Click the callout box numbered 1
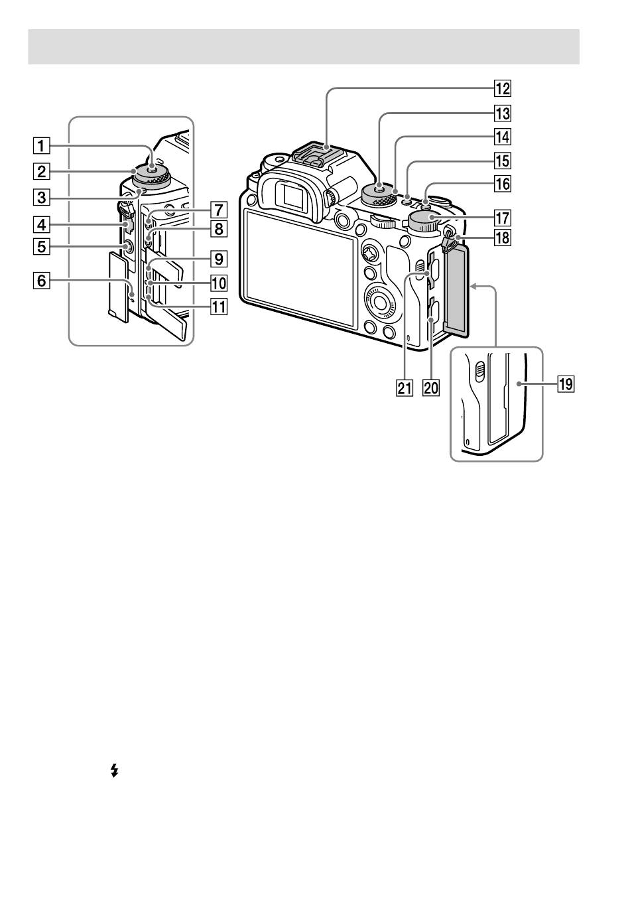[x=42, y=145]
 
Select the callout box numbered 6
[x=42, y=281]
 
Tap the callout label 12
[x=503, y=88]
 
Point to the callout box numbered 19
[x=566, y=384]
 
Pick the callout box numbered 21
[x=404, y=388]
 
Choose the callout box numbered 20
[x=431, y=388]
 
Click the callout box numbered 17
[x=503, y=218]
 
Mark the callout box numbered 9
[x=219, y=259]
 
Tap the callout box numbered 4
[x=42, y=224]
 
